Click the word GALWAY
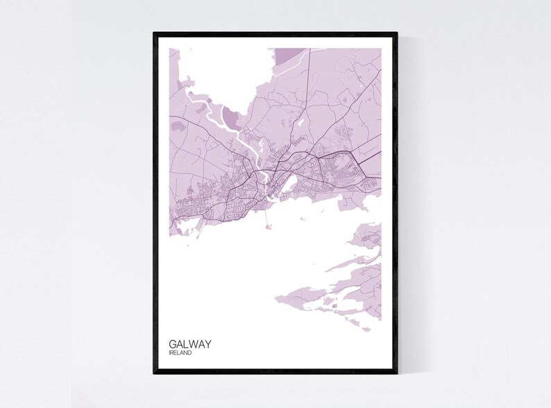pyautogui.click(x=190, y=343)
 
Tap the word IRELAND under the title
pyautogui.click(x=180, y=353)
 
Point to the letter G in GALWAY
pyautogui.click(x=172, y=343)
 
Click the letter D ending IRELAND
pyautogui.click(x=191, y=353)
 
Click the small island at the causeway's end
pyautogui.click(x=264, y=221)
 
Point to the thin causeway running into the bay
pyautogui.click(x=264, y=212)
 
